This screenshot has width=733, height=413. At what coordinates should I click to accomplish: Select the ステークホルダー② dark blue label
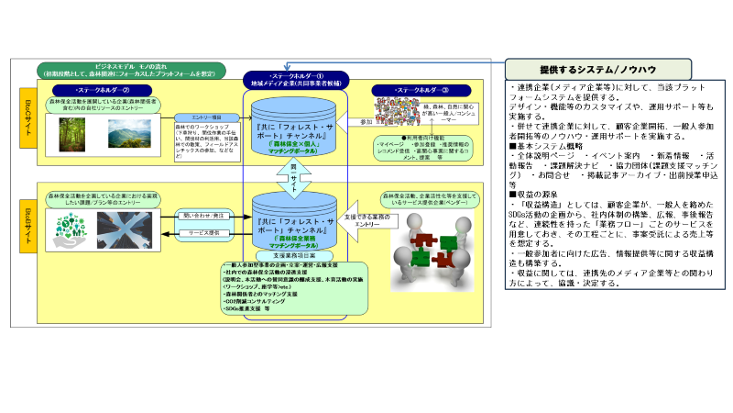pos(87,90)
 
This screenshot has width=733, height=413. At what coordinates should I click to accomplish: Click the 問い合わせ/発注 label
pos(205,217)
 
